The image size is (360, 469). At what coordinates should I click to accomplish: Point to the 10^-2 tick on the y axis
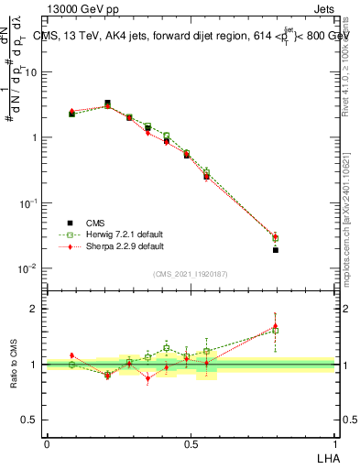point(30,268)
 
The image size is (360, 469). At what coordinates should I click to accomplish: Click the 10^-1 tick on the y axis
point(30,202)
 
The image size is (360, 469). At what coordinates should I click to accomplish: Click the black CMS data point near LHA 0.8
point(276,249)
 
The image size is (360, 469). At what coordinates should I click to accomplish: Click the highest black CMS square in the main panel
point(107,104)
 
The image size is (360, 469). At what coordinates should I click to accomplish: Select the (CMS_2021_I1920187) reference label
point(191,273)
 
